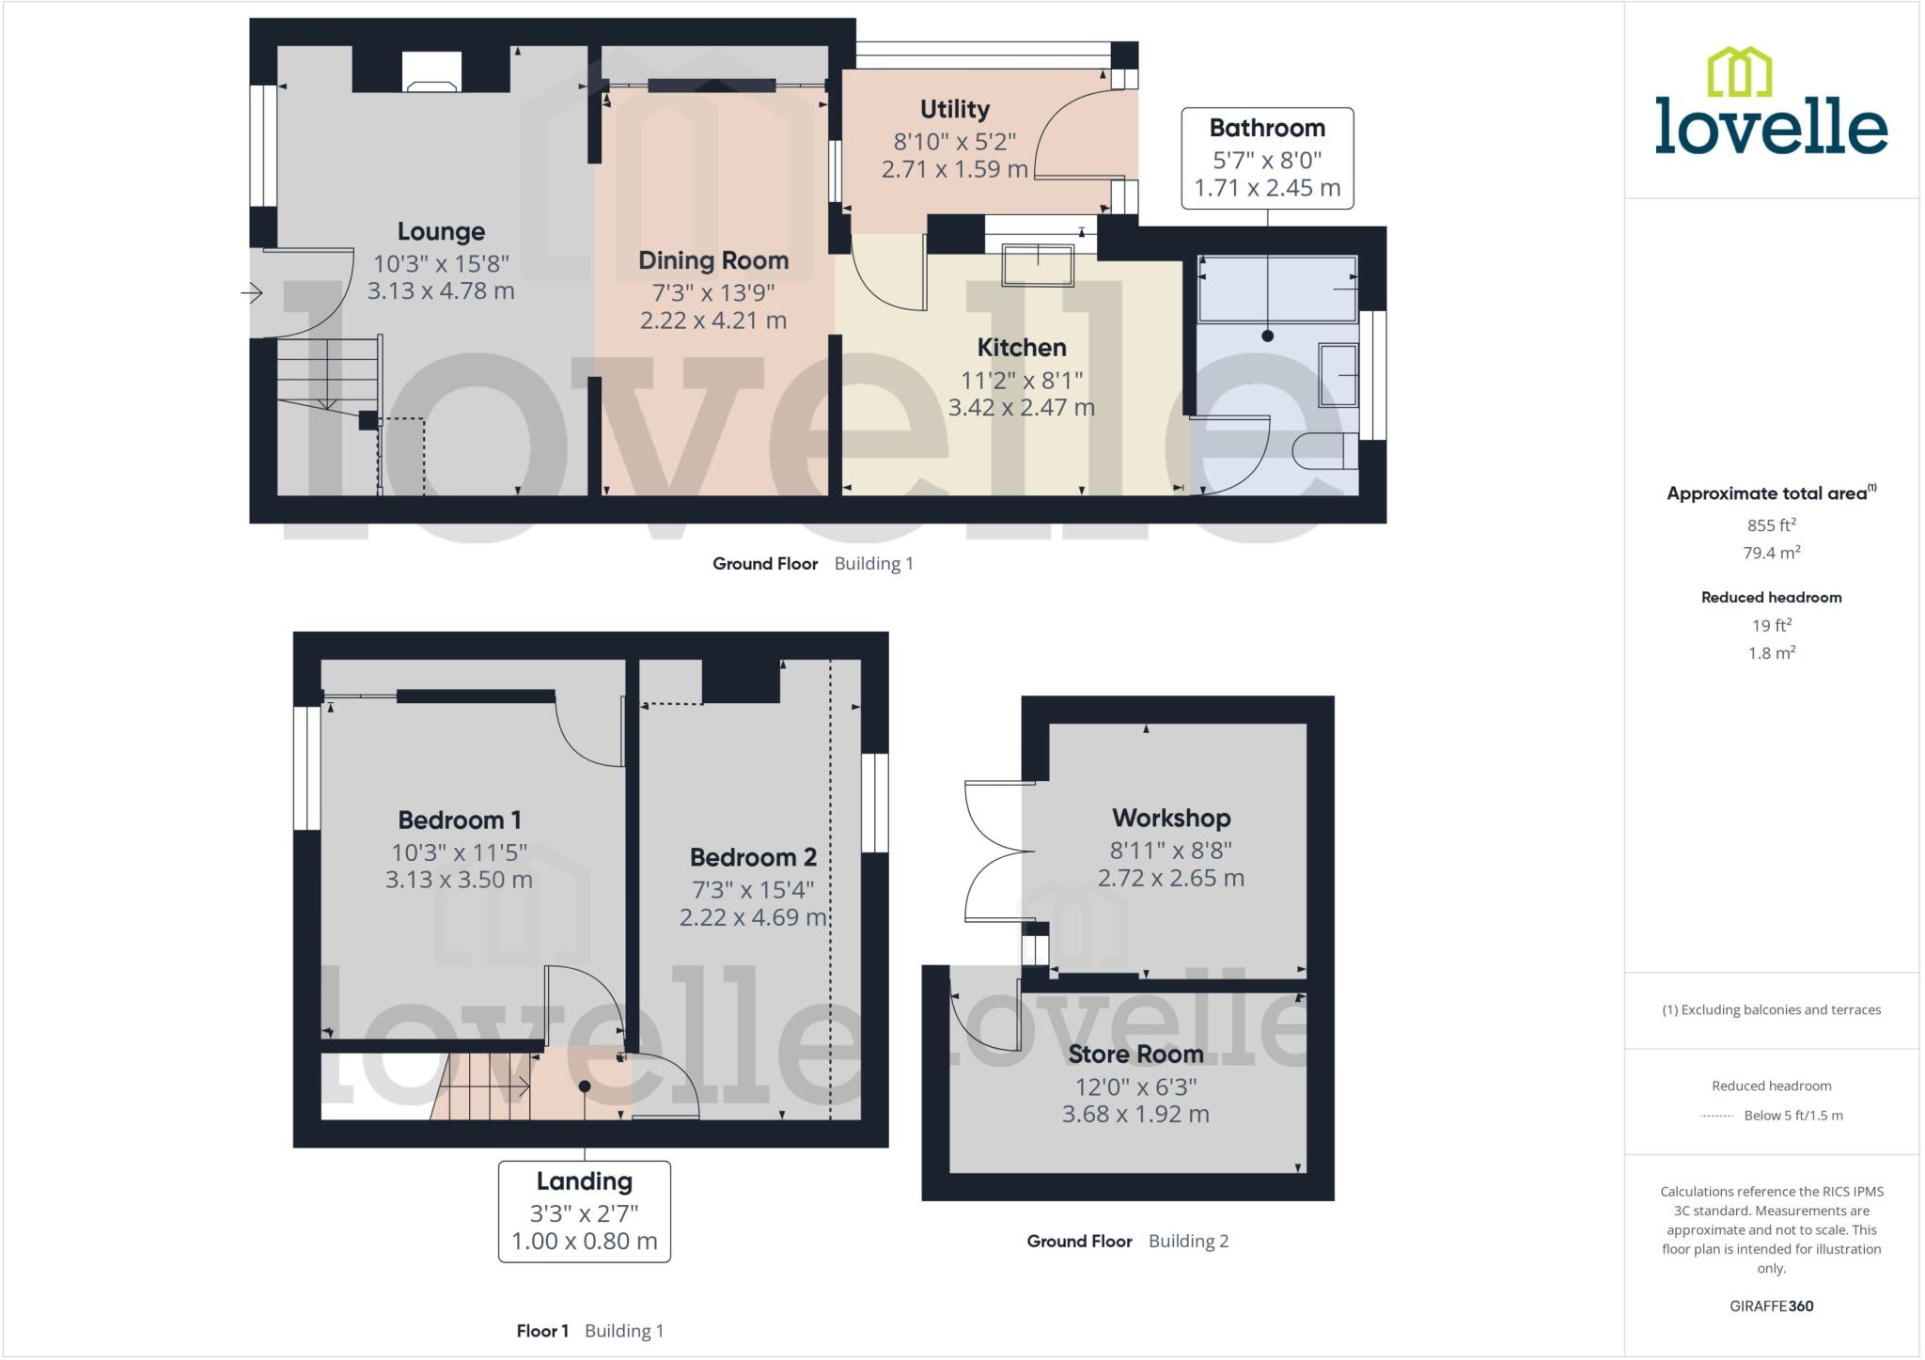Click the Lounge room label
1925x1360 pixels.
click(x=441, y=231)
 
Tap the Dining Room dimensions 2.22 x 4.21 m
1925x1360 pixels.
click(x=713, y=320)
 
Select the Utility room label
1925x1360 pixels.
click(x=954, y=109)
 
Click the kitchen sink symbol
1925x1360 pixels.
click(x=1038, y=265)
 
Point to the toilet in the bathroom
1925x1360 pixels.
click(x=1325, y=451)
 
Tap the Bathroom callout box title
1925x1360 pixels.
click(x=1267, y=128)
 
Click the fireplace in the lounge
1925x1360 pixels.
click(x=431, y=74)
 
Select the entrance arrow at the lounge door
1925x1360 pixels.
click(x=251, y=294)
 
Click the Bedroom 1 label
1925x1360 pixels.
click(x=459, y=820)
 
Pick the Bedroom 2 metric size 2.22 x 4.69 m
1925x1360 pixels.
click(x=753, y=917)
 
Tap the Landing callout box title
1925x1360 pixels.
click(x=584, y=1181)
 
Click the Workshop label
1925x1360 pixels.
click(x=1170, y=818)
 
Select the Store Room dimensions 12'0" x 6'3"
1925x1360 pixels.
click(x=1135, y=1087)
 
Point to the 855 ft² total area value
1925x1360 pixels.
click(x=1771, y=525)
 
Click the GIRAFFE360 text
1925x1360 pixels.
click(x=1771, y=1305)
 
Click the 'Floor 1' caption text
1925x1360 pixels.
click(x=542, y=1331)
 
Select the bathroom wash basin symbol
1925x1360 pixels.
click(x=1338, y=375)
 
